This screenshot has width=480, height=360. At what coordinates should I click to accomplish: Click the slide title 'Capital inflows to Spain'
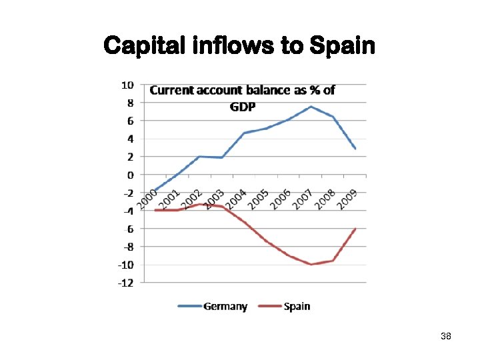click(239, 46)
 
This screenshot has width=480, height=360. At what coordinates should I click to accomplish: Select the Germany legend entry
click(213, 307)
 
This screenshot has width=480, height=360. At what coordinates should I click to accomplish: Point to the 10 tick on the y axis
click(127, 85)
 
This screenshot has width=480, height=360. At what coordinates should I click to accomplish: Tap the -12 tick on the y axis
click(125, 283)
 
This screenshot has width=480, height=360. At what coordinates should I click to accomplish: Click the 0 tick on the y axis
click(129, 175)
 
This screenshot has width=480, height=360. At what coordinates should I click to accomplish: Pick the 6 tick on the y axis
click(129, 121)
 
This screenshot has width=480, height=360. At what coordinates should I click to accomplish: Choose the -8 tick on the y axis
click(127, 247)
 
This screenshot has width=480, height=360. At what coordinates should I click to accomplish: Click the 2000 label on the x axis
click(147, 198)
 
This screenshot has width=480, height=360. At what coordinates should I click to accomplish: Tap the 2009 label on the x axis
click(347, 198)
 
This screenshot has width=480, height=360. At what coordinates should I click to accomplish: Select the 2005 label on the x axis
click(258, 198)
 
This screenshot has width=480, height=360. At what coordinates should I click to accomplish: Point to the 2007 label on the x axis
click(303, 198)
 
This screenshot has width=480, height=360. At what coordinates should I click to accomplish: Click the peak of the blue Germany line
click(311, 107)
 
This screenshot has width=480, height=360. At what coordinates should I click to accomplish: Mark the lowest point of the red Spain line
click(311, 265)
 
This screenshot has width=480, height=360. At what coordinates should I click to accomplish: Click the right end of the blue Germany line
click(355, 149)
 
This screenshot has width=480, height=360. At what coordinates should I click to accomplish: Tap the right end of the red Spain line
click(355, 229)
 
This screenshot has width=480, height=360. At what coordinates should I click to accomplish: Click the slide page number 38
click(446, 337)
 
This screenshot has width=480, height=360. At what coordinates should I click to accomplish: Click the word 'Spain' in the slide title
click(341, 46)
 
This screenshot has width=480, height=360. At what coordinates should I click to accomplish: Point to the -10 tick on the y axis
click(125, 265)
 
